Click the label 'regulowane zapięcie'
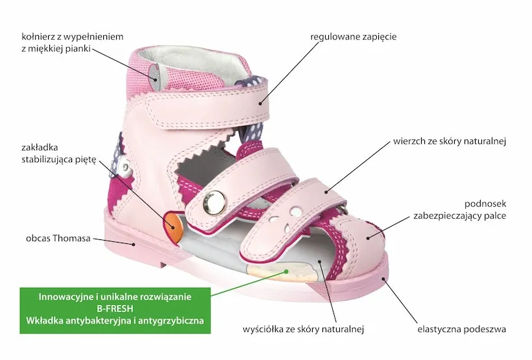click(x=353, y=37)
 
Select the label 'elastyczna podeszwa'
click(x=461, y=330)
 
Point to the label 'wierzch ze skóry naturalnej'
click(x=449, y=140)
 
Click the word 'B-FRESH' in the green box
click(x=115, y=309)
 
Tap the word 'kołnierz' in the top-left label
click(x=38, y=36)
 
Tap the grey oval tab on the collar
click(x=153, y=73)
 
